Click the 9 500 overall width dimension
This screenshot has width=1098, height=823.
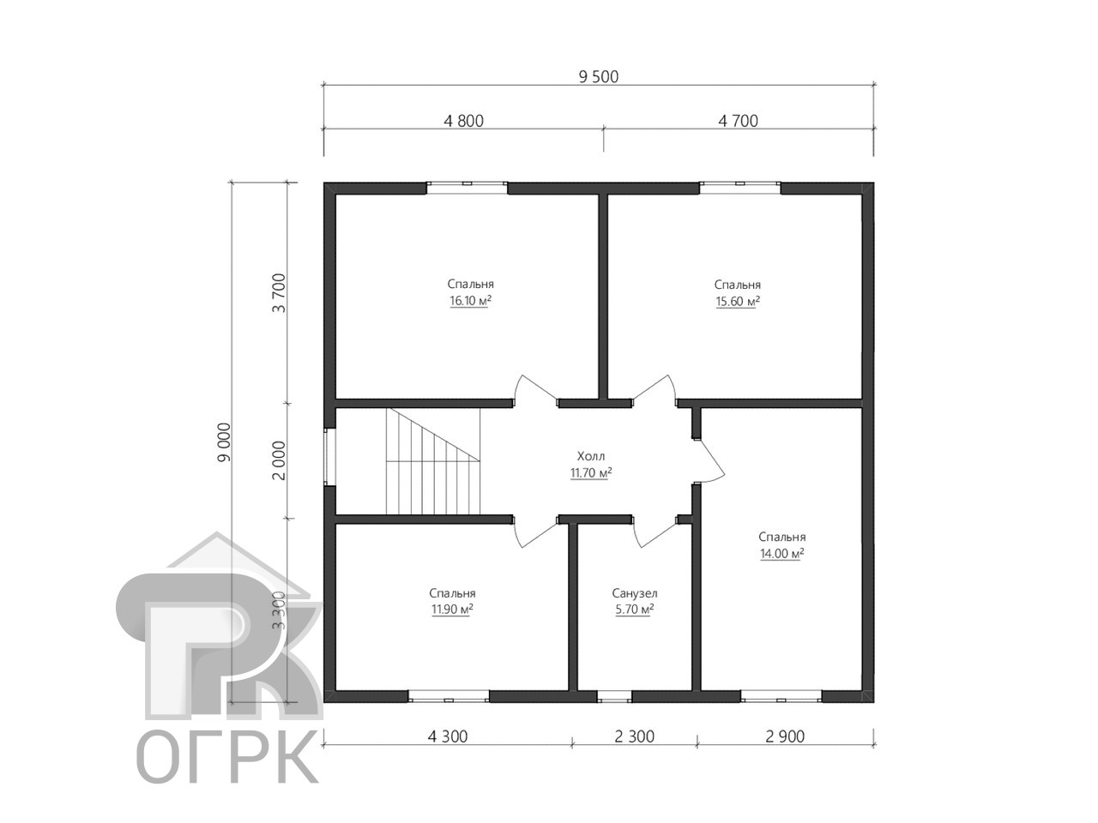(598, 77)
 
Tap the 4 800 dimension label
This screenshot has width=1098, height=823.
(463, 121)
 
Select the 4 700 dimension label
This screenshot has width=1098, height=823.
(738, 121)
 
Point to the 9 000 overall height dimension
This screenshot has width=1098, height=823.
(225, 442)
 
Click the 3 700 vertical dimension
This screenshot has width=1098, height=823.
(279, 293)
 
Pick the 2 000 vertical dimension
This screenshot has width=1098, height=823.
(279, 460)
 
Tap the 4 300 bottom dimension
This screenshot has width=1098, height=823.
(447, 736)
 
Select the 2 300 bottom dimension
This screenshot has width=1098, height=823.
(634, 736)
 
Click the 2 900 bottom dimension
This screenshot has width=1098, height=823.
(785, 736)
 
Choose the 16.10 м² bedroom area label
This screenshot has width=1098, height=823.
(470, 301)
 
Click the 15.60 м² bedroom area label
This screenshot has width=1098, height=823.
(738, 301)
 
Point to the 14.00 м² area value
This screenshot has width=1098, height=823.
(781, 554)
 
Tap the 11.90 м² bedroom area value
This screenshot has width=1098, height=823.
(452, 610)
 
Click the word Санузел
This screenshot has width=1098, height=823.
(634, 593)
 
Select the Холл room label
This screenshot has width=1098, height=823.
(591, 456)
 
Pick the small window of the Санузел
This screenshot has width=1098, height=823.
(614, 697)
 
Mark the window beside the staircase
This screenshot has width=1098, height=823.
(329, 457)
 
